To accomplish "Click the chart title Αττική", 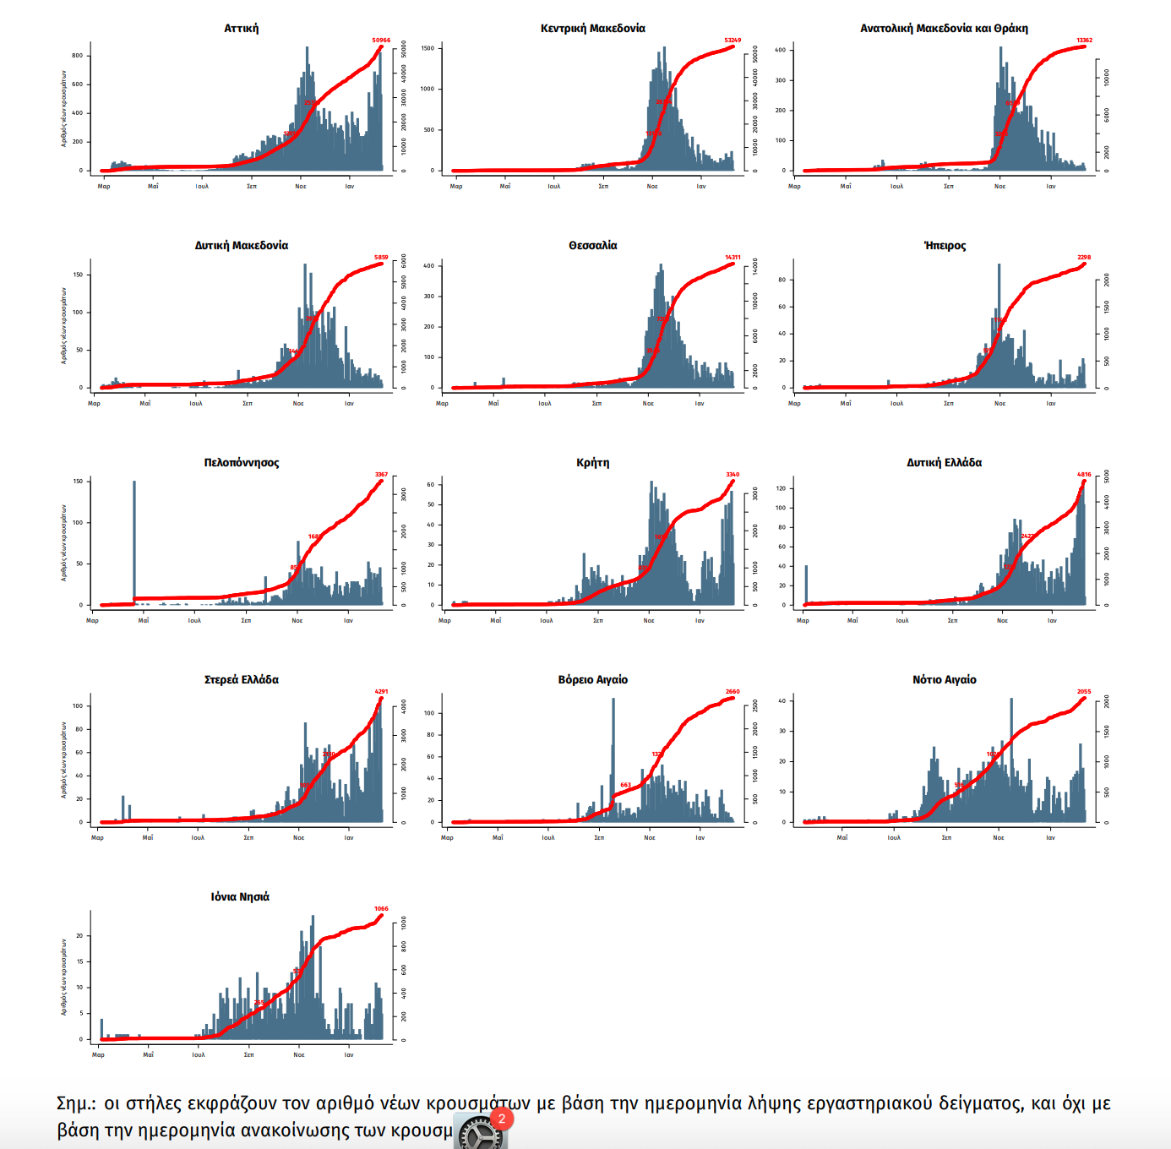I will pos(241,29).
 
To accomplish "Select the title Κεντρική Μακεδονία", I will pos(592,29).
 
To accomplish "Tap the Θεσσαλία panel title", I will pos(592,246).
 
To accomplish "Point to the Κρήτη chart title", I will pos(592,463).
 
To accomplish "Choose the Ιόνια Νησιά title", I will pos(240,897).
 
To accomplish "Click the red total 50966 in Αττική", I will pos(381,41).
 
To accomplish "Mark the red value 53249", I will pos(733,41).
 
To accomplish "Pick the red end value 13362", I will pos(1084,41).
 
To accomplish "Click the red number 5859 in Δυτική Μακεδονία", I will pos(381,258).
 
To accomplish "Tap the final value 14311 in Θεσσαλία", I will pos(733,258).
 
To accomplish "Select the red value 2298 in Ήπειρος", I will pos(1084,258).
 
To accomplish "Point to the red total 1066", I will pos(381,909).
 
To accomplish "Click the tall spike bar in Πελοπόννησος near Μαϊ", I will pos(134,541).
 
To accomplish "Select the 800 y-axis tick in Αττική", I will pos(78,56).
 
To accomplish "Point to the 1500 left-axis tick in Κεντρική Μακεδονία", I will pos(428,48).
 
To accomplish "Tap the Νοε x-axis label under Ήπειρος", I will pos(999,404).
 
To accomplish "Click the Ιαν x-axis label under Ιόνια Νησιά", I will pos(349,1055).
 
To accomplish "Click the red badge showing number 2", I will pos(502,1119).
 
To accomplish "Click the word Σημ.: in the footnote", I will pos(76,1104).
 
